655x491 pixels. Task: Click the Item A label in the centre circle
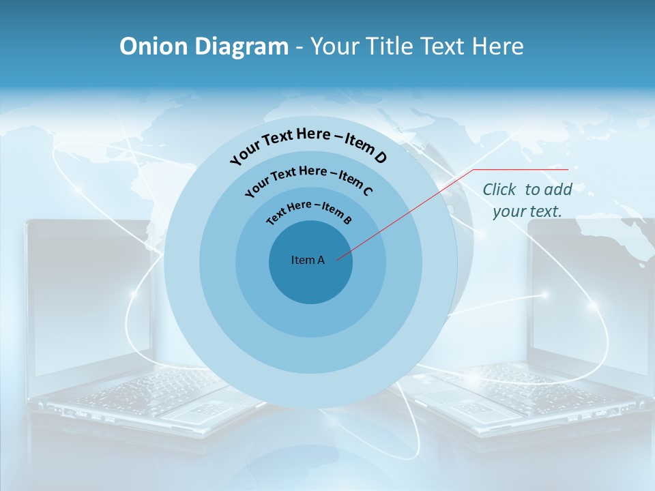coord(308,260)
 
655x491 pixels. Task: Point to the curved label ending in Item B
coord(309,211)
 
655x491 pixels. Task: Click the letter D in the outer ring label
coord(380,158)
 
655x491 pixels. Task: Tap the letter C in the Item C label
coord(367,190)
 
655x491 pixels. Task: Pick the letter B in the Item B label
coord(347,220)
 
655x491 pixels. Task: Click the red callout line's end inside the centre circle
coord(337,258)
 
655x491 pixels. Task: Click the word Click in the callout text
coord(499,190)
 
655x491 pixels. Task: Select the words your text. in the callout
coord(527,211)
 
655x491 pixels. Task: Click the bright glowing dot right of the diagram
coord(544,295)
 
